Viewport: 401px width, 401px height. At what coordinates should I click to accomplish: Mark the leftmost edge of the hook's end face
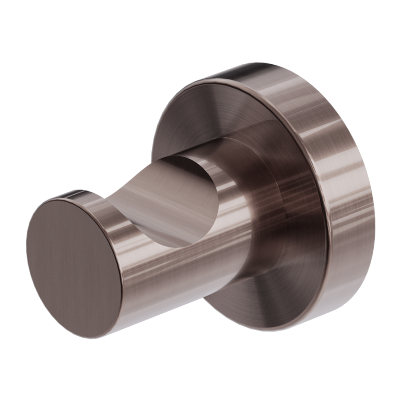[27, 251]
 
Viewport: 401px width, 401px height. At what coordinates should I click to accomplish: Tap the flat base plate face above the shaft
[209, 115]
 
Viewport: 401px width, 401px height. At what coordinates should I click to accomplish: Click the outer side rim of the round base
[334, 157]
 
